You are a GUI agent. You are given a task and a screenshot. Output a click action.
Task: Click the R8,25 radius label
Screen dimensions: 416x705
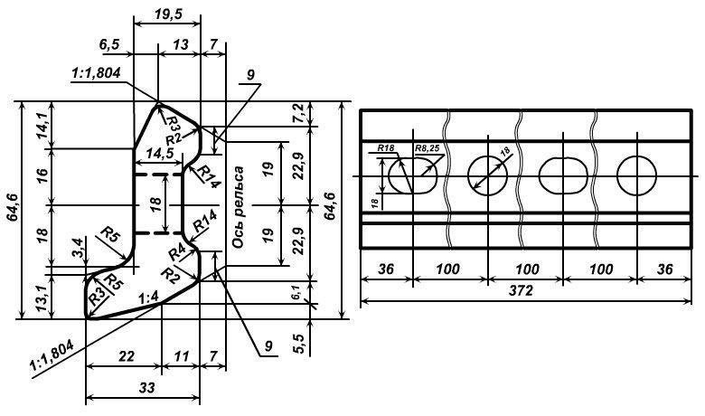(x=427, y=147)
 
